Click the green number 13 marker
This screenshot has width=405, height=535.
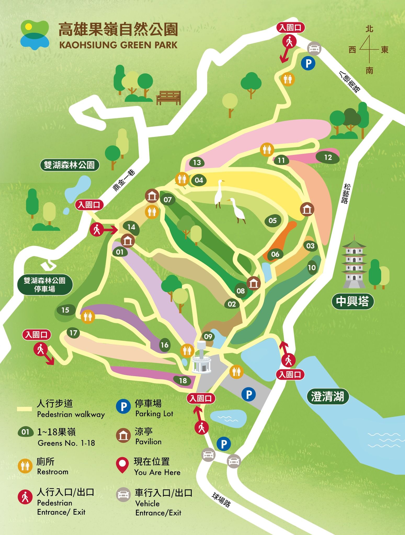[x=197, y=162]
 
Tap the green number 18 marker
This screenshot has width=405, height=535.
[x=183, y=381]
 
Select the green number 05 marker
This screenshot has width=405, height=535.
[x=272, y=221]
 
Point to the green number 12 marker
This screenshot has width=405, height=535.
[x=328, y=157]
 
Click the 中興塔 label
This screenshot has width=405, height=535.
[x=352, y=301]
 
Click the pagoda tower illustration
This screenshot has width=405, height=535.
[x=354, y=262]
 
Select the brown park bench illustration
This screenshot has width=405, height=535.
[x=168, y=97]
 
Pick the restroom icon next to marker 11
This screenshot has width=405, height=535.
[x=267, y=150]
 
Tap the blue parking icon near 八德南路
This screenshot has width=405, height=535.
[x=308, y=63]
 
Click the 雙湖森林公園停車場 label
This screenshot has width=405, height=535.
[x=45, y=285]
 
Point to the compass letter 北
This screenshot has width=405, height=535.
[x=369, y=29]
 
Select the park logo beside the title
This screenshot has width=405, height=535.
[x=35, y=35]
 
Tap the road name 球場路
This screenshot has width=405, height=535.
[x=221, y=500]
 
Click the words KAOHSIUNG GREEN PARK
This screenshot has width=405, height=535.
[x=118, y=45]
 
